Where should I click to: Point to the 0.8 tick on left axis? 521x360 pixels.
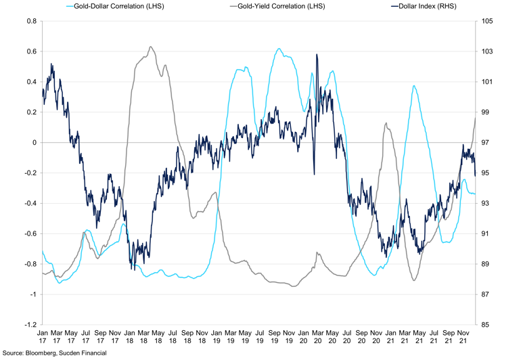pyautogui.click(x=30, y=21)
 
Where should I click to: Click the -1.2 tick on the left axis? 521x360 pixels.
pyautogui.click(x=29, y=325)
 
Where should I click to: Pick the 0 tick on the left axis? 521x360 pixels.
pyautogui.click(x=34, y=143)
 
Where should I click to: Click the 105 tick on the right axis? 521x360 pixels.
pyautogui.click(x=489, y=21)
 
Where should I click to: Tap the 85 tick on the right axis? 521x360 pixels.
pyautogui.click(x=486, y=325)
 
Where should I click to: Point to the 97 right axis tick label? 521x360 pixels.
pyautogui.click(x=486, y=143)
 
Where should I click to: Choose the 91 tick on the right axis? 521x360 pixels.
pyautogui.click(x=486, y=234)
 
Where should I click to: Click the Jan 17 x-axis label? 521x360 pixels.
pyautogui.click(x=42, y=336)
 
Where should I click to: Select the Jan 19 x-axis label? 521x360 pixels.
pyautogui.click(x=217, y=336)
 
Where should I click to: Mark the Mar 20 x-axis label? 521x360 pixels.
pyautogui.click(x=319, y=336)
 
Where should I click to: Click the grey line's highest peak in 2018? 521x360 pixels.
pyautogui.click(x=150, y=47)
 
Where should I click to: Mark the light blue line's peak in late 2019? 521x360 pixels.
pyautogui.click(x=279, y=49)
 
